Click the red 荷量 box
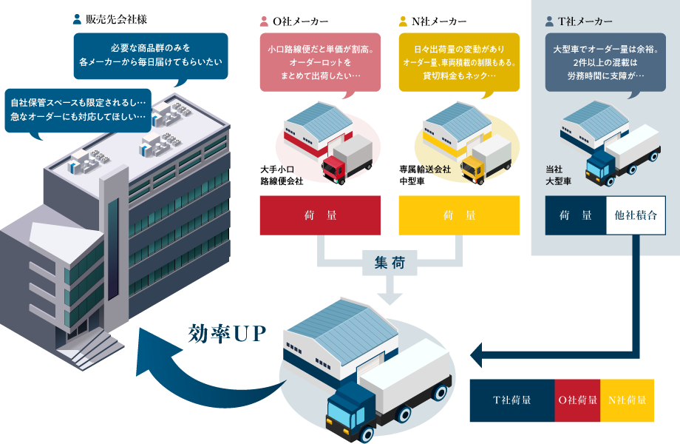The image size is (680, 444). [x=319, y=215]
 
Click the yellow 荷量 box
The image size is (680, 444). [x=458, y=215]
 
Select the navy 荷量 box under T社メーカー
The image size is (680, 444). [x=575, y=215]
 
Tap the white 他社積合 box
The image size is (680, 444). [x=635, y=215]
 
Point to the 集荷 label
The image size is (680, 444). [x=390, y=261]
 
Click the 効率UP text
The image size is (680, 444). [x=227, y=333]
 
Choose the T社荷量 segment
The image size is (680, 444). [x=511, y=400]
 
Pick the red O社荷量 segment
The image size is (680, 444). [x=577, y=400]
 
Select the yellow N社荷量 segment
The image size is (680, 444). [x=627, y=400]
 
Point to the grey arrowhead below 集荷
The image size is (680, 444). [x=390, y=295]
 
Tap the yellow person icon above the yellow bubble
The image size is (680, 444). [x=403, y=21]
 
